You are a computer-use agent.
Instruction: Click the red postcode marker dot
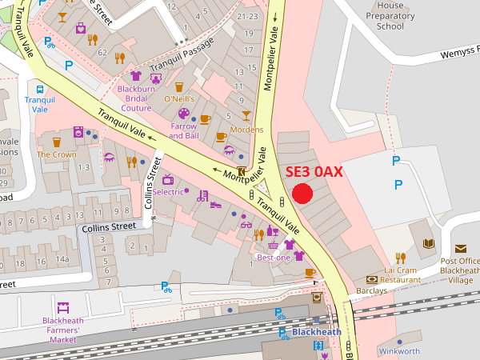302,194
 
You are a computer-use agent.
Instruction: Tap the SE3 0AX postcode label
314,172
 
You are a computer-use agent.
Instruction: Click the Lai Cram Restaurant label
401,275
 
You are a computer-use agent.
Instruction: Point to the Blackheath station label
316,332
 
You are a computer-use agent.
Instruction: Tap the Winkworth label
399,351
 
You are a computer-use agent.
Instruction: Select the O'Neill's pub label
179,98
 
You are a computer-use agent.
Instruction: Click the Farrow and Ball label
184,130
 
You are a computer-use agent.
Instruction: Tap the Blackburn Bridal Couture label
136,98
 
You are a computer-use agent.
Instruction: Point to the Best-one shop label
274,258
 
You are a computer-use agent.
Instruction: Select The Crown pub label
57,154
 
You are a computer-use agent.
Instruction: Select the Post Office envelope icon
460,249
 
